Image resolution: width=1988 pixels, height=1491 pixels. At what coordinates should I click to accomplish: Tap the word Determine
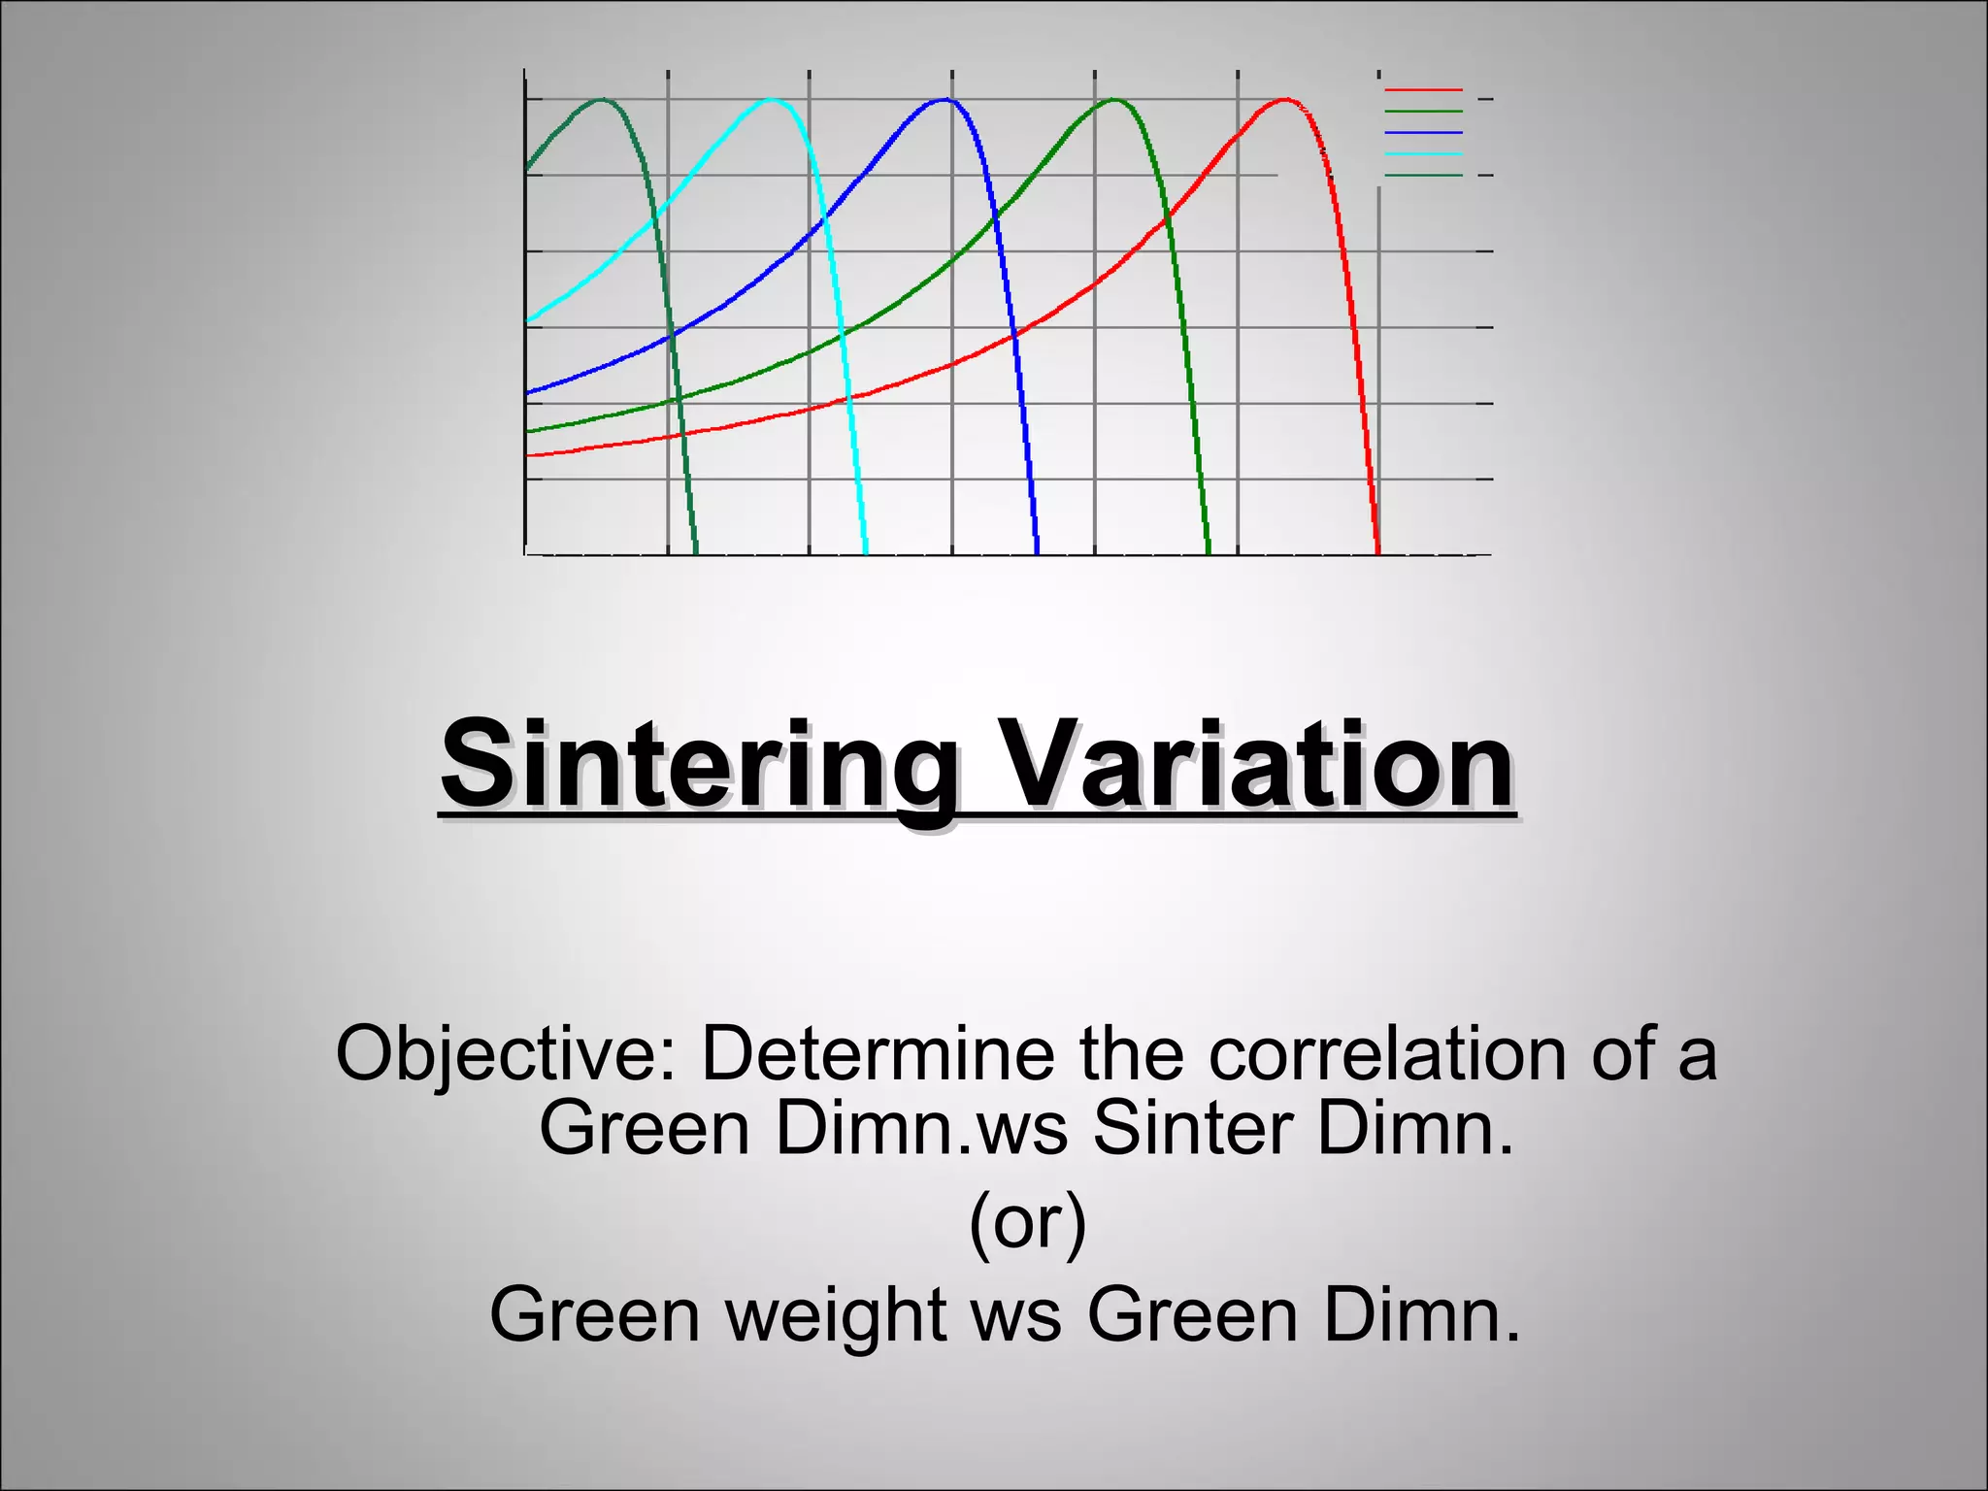(877, 1054)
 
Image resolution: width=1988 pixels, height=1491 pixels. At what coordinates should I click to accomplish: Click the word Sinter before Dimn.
(1192, 1129)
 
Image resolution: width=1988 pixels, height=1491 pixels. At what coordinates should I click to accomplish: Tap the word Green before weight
(594, 1316)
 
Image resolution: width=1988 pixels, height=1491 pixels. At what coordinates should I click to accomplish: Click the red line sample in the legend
(1423, 90)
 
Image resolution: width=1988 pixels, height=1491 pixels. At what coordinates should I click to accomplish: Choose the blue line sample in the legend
(1423, 132)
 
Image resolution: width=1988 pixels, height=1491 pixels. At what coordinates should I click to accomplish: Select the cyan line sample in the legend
(1423, 153)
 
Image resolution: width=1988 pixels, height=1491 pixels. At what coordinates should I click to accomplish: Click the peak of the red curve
(1285, 100)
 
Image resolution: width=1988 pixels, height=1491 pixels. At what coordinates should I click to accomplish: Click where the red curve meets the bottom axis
(1378, 553)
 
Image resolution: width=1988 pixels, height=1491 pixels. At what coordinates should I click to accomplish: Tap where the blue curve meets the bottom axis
(1037, 553)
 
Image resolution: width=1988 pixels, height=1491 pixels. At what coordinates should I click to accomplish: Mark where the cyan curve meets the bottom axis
(865, 553)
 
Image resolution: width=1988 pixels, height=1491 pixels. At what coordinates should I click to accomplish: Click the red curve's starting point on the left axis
(527, 455)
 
